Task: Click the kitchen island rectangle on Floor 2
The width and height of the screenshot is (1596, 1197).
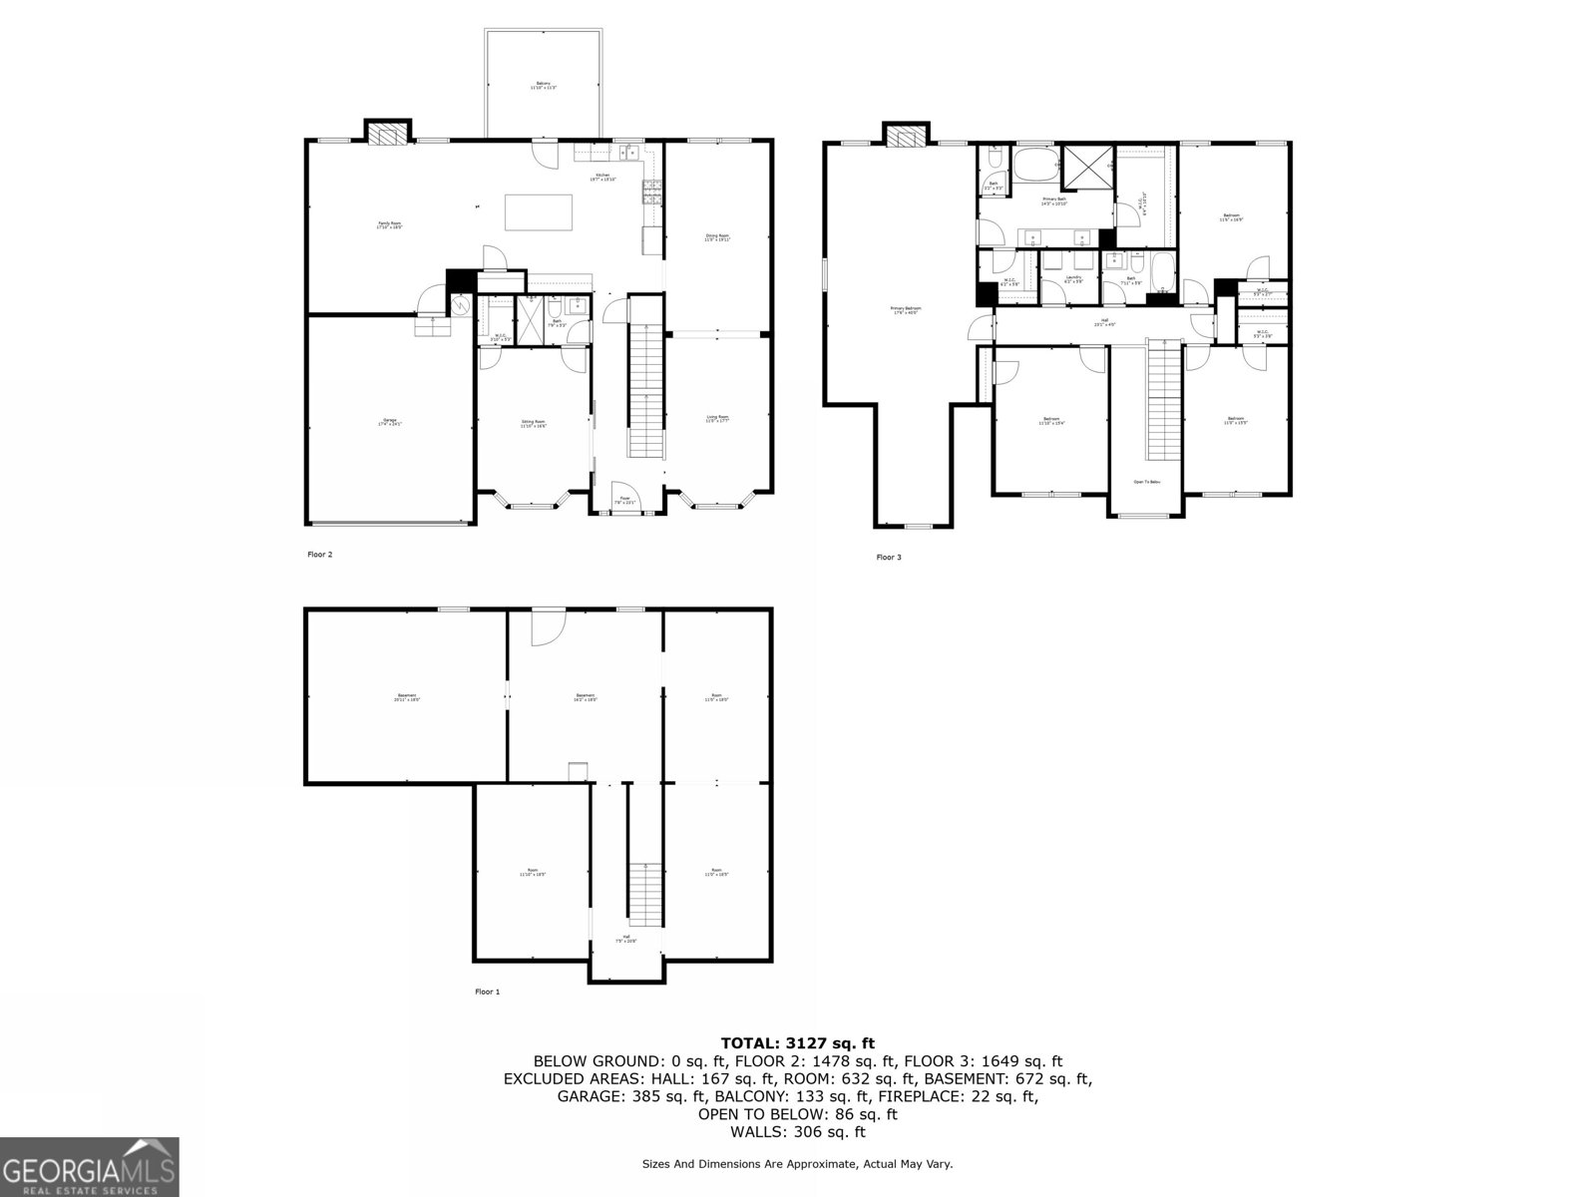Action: click(539, 212)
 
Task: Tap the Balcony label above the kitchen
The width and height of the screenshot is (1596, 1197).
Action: click(543, 86)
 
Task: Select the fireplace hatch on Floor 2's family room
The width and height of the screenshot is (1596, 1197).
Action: click(388, 134)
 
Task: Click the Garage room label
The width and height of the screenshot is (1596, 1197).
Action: click(388, 422)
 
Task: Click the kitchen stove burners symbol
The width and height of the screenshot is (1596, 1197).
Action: click(651, 191)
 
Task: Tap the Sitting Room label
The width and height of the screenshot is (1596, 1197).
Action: click(533, 423)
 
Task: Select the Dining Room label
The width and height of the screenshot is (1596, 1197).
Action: click(718, 237)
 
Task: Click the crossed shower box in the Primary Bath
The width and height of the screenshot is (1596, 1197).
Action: click(1086, 168)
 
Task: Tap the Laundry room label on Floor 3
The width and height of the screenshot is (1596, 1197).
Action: click(1073, 279)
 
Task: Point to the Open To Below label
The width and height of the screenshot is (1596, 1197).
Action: click(1146, 482)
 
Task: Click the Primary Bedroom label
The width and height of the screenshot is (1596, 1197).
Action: click(906, 310)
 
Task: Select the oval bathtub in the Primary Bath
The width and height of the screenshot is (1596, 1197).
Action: click(1035, 165)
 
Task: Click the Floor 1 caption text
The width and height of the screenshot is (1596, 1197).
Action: click(487, 992)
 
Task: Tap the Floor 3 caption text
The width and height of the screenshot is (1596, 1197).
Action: click(889, 557)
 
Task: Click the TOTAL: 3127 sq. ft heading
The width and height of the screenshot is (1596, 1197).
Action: click(798, 1043)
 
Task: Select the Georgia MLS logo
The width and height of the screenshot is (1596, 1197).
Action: click(89, 1166)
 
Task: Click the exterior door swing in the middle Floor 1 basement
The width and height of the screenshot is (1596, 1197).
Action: click(547, 625)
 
